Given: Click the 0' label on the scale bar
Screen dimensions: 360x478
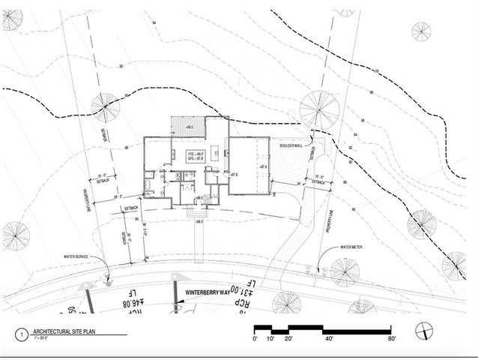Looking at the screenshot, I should pos(256,339).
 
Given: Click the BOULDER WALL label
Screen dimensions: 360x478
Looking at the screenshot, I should pos(291,145).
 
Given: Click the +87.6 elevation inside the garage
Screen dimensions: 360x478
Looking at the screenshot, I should pos(261,166).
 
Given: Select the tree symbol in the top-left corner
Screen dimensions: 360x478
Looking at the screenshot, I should pos(12,20).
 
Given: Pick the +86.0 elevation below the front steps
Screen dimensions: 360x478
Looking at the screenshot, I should pos(200,223).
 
